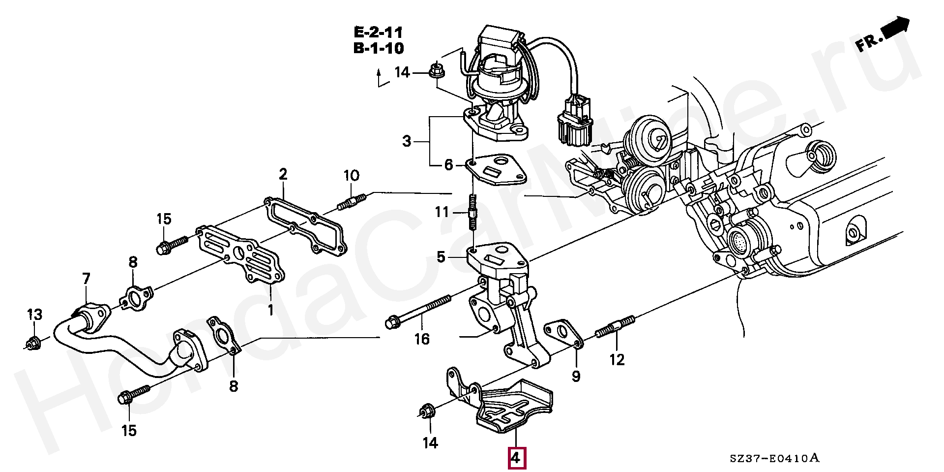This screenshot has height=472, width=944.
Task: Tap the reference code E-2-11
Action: tap(378, 32)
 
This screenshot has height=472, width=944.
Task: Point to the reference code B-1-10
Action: tap(378, 48)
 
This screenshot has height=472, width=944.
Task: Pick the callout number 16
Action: tap(422, 339)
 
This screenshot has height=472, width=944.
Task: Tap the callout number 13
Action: tap(34, 315)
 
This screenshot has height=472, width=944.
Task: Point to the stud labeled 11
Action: tap(473, 213)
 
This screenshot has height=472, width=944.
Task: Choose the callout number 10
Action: tap(351, 176)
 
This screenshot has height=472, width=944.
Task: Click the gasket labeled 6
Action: tap(496, 170)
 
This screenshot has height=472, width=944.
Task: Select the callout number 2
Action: tap(283, 174)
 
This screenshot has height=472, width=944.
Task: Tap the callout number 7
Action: tap(87, 279)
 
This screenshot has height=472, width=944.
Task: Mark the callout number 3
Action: tap(407, 141)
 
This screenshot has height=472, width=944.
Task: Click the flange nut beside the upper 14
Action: tap(436, 72)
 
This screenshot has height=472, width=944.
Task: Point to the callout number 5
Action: tap(441, 256)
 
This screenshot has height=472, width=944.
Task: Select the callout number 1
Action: tap(270, 310)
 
